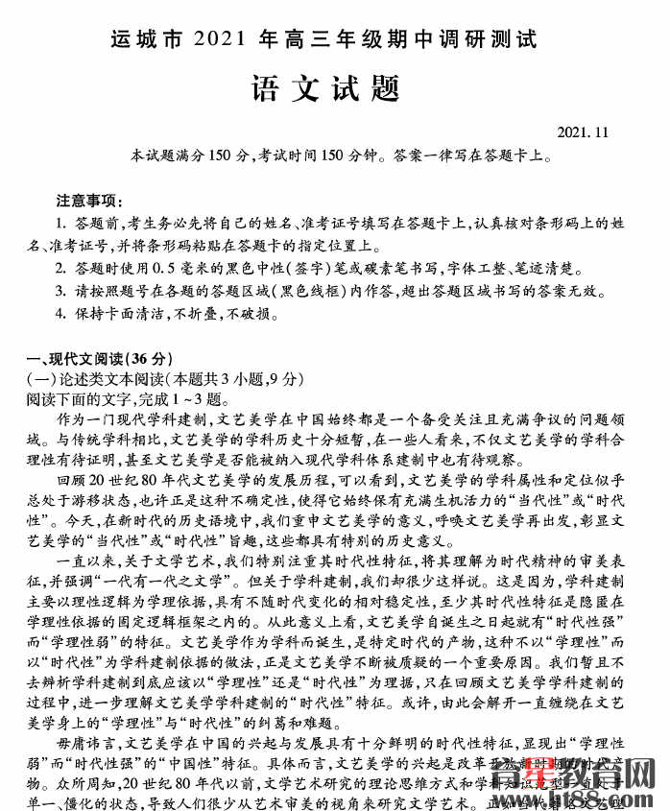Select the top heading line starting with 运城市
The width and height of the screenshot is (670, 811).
323,39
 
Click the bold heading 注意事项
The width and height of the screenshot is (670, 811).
89,201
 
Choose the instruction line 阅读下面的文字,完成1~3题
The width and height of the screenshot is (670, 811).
124,398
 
